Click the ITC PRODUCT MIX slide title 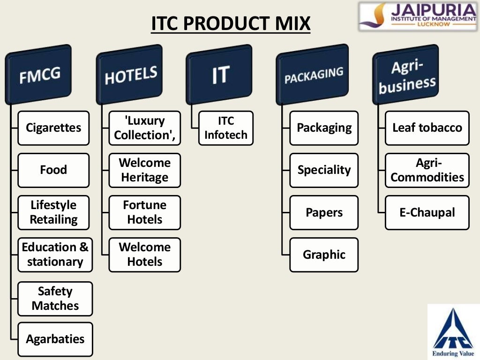click(x=231, y=23)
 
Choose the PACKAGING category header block click(x=313, y=74)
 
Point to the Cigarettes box click(x=53, y=128)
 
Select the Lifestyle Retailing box click(x=53, y=212)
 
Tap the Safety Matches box click(x=55, y=299)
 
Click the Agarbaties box click(x=55, y=339)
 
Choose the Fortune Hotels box click(x=144, y=212)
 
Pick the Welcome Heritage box click(x=144, y=170)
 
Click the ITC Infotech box click(x=225, y=128)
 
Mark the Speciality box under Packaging click(x=324, y=170)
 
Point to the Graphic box click(x=324, y=255)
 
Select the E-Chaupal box click(x=427, y=212)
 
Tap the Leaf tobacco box click(x=427, y=128)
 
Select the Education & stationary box click(x=55, y=255)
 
